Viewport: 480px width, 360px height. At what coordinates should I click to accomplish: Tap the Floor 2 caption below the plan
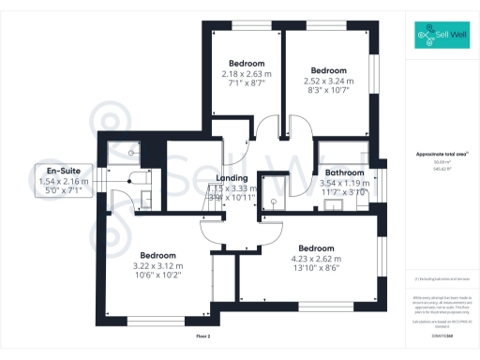point(203,335)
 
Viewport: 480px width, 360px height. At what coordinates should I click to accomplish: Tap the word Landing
point(232,177)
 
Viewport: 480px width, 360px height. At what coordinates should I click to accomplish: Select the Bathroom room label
point(345,172)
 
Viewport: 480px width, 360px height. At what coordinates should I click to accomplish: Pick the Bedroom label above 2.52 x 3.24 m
point(329,70)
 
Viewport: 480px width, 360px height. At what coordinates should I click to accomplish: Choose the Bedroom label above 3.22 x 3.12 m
point(158,255)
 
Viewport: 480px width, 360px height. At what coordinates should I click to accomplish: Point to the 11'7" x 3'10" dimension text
point(346,192)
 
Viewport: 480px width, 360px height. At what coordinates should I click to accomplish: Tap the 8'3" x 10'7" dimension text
point(329,91)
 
